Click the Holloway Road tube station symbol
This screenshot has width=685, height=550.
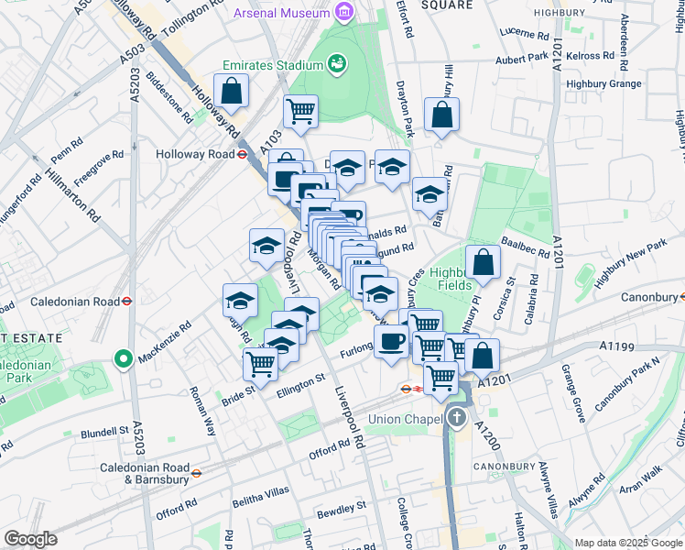tap(243, 154)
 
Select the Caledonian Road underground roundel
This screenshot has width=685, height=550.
tap(127, 301)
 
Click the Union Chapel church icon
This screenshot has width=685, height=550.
tap(457, 420)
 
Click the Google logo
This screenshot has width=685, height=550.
tap(30, 539)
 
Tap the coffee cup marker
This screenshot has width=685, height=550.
tap(392, 343)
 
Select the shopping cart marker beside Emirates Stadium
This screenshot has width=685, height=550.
tap(300, 112)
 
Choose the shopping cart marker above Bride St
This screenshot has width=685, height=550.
tap(261, 364)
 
